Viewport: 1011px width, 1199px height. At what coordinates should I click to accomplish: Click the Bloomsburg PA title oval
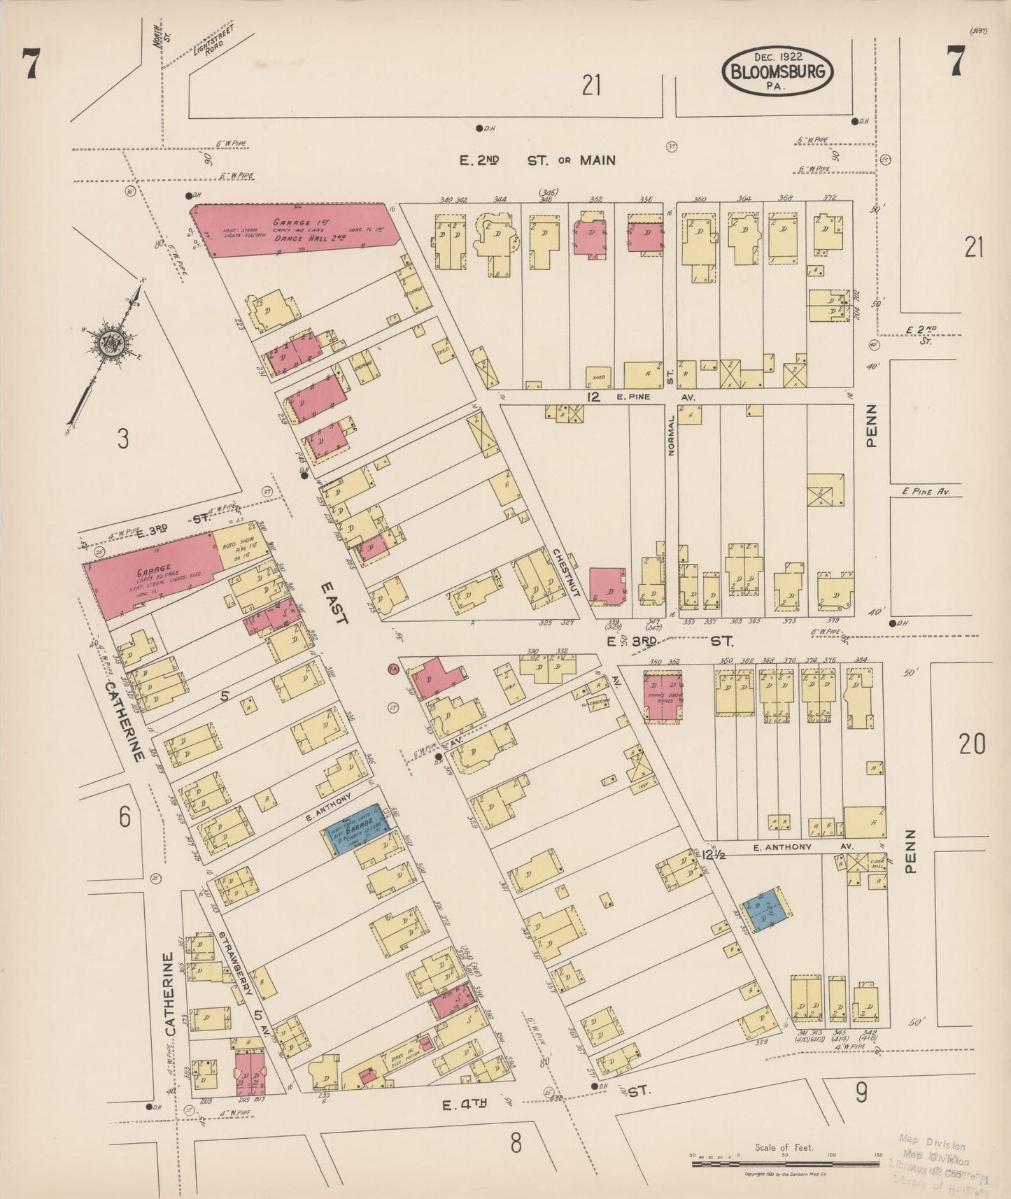(x=777, y=71)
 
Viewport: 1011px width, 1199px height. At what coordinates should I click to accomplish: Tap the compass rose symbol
(x=112, y=341)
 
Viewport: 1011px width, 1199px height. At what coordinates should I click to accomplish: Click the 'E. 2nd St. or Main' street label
(x=537, y=160)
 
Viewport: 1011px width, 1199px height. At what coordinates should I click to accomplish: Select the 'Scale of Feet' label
(x=784, y=1147)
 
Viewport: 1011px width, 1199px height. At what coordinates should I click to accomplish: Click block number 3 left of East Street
(x=123, y=439)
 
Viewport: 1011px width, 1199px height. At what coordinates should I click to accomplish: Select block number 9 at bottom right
(x=861, y=1092)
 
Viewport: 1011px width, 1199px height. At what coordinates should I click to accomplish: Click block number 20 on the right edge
(x=972, y=743)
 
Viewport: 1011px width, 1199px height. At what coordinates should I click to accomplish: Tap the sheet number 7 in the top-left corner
(x=30, y=66)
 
